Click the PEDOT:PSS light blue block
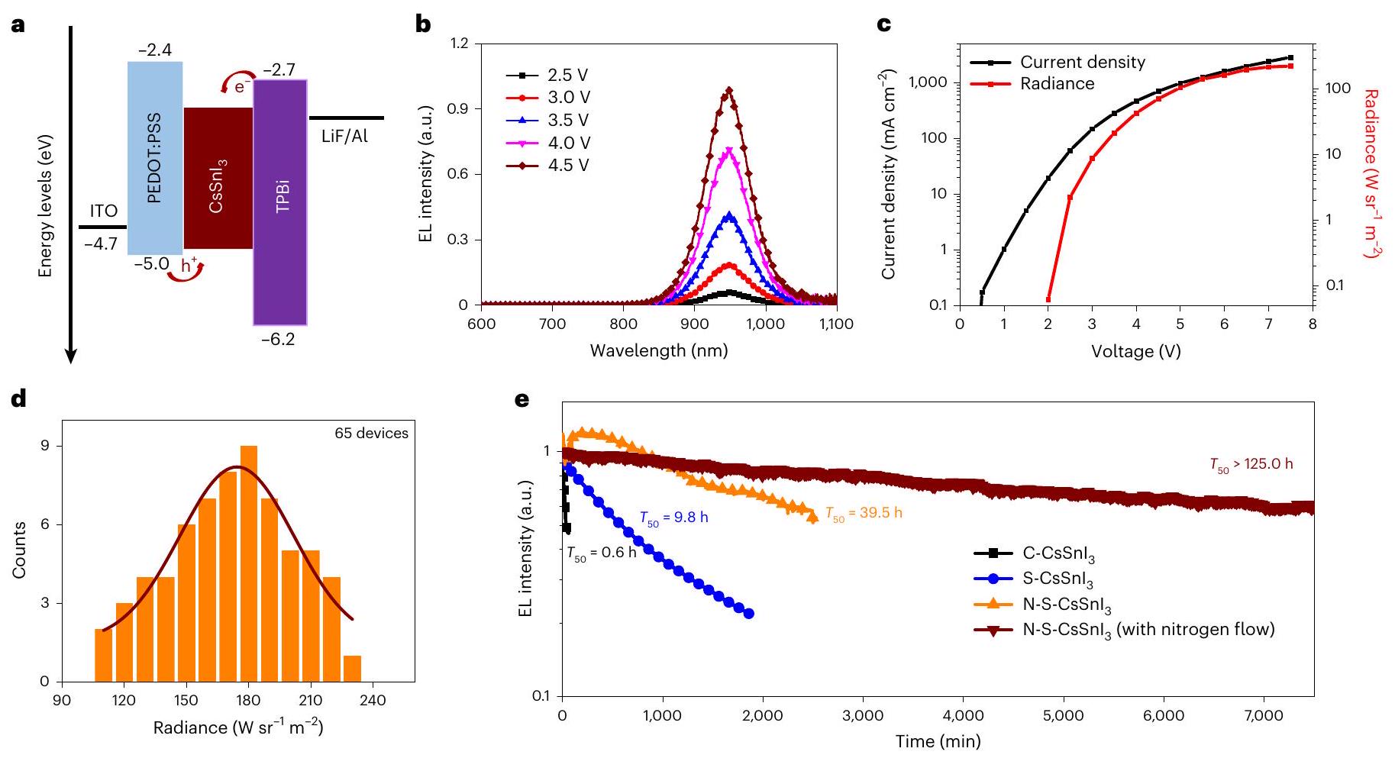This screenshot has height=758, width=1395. click(x=155, y=157)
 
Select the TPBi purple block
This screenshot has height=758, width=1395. click(x=280, y=202)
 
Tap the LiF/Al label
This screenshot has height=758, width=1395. click(x=345, y=138)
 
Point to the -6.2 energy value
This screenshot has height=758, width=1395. click(x=278, y=340)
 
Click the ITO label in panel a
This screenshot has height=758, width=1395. click(x=104, y=211)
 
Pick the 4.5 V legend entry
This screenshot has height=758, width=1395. click(x=547, y=166)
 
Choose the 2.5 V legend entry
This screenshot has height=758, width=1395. click(x=547, y=76)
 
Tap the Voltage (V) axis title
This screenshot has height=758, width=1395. click(x=1135, y=351)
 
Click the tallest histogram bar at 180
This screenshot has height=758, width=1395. click(x=249, y=563)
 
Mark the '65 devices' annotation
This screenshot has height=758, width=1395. click(x=371, y=434)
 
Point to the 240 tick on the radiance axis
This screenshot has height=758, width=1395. click(x=373, y=700)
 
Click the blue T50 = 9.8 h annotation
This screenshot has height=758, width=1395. click(x=674, y=518)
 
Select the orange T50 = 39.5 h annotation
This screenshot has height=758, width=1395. click(x=864, y=514)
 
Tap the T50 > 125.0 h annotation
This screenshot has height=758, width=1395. click(x=1251, y=464)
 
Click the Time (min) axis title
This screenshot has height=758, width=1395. click(x=938, y=740)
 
